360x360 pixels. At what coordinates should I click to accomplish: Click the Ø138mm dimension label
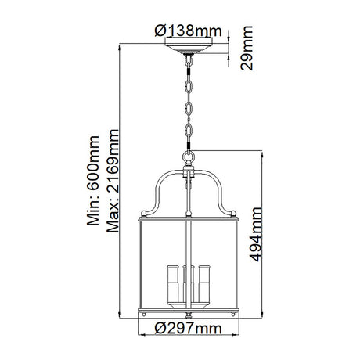[188, 31]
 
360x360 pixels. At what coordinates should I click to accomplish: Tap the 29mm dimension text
[247, 48]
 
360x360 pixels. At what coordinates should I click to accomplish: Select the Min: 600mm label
[93, 181]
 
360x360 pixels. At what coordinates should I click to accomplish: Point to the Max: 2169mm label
[113, 181]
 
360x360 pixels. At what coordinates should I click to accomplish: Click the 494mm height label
[256, 234]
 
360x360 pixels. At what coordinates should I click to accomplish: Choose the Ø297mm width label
[188, 328]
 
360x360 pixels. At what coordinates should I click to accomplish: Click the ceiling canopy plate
[189, 48]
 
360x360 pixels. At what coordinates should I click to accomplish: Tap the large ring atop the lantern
[189, 157]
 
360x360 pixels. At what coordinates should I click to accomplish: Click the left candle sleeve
[173, 284]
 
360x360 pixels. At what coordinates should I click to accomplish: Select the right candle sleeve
[204, 284]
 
